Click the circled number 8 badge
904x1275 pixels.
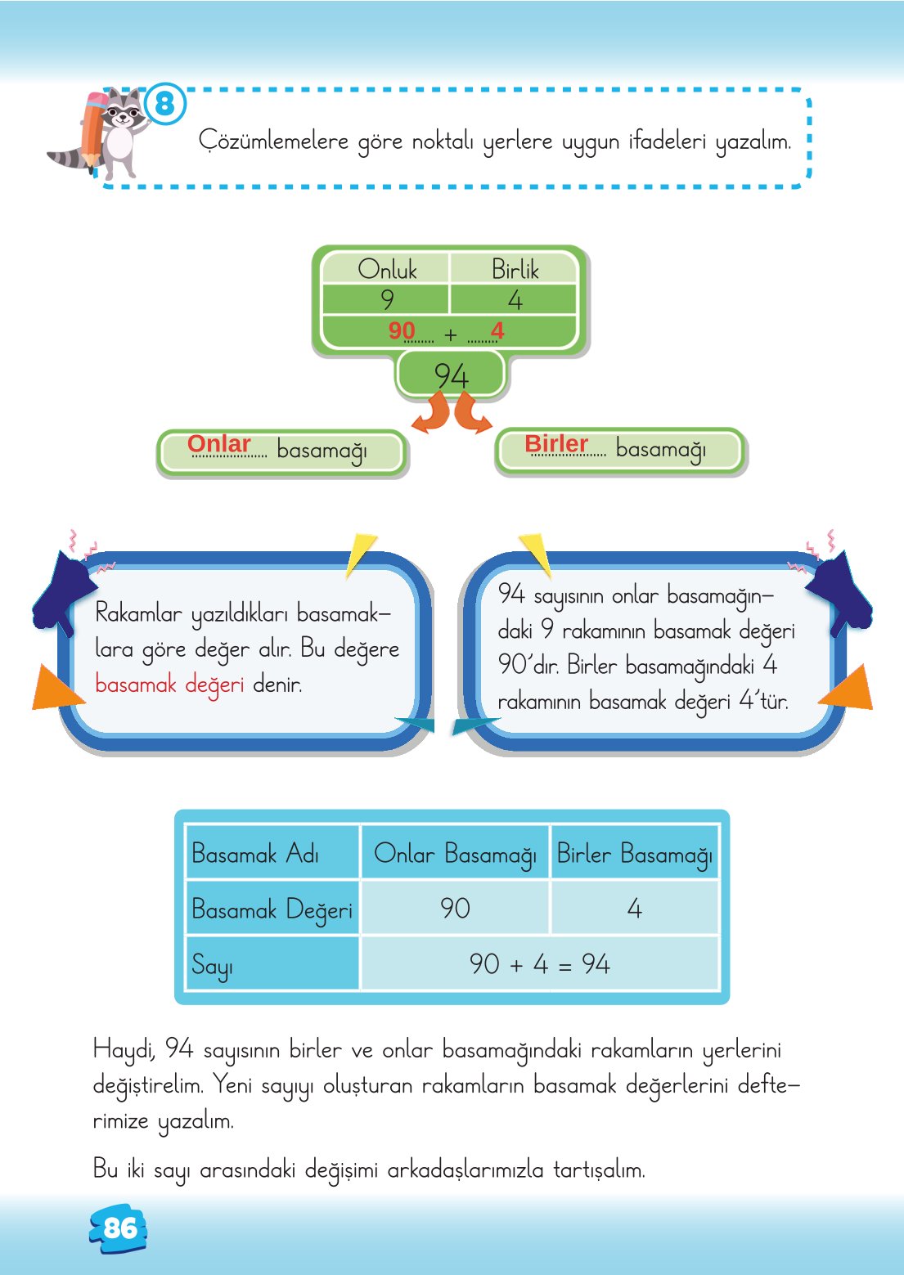click(x=165, y=104)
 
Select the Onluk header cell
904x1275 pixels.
click(x=386, y=269)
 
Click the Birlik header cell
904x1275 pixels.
click(x=515, y=269)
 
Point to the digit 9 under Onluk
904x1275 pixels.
click(x=387, y=300)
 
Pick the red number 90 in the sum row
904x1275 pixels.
click(x=402, y=330)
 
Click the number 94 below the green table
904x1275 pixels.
click(x=451, y=375)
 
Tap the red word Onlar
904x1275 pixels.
click(x=218, y=443)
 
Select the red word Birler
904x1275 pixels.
click(x=556, y=443)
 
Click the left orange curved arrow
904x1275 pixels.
click(x=431, y=413)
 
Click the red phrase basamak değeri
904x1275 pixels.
click(x=169, y=684)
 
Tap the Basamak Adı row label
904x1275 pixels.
click(x=255, y=854)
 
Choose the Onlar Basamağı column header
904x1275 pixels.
click(x=455, y=854)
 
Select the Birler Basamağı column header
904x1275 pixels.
click(x=634, y=854)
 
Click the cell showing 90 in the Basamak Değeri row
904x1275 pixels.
click(x=455, y=908)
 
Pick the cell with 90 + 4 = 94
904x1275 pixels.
click(x=539, y=963)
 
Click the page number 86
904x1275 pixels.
click(x=119, y=1228)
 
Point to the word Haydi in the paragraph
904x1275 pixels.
click(x=124, y=1048)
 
